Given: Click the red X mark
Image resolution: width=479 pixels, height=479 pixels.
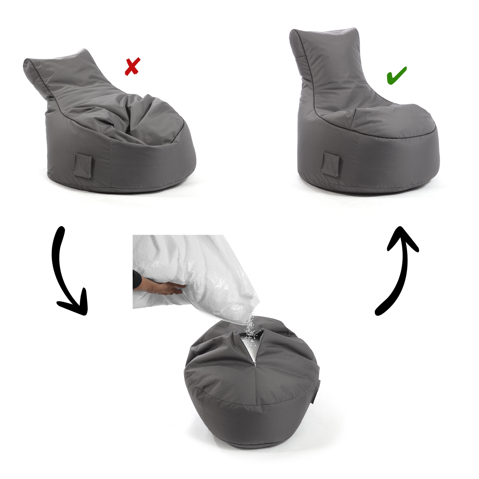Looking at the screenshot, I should (x=132, y=67).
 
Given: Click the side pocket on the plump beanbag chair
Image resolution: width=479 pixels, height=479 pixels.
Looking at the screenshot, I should (x=331, y=163).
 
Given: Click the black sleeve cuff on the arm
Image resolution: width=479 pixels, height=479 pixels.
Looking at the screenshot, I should (x=137, y=280).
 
